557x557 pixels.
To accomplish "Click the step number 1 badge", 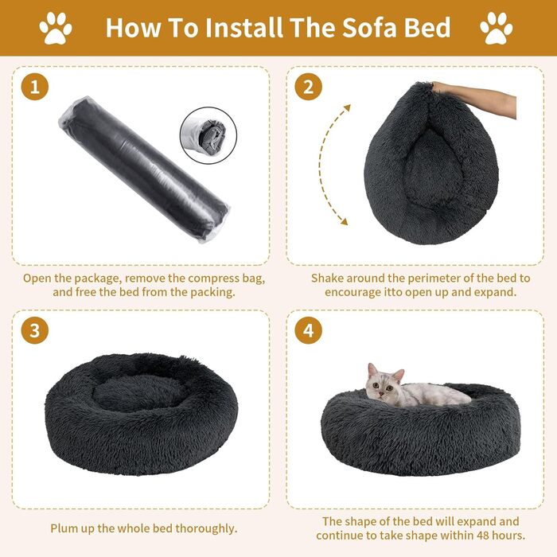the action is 34,86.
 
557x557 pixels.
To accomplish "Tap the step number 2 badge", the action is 309,86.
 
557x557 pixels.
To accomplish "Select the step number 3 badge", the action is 34,330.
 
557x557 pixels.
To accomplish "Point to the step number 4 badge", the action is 309,330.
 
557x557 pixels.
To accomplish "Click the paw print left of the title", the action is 56,28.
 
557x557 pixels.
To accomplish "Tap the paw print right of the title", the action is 497,28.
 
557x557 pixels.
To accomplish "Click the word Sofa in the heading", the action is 367,28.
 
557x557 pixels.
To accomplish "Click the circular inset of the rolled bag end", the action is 208,135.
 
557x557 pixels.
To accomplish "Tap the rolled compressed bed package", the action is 144,169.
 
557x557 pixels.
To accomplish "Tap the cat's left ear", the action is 372,370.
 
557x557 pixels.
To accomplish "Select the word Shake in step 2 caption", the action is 328,278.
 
